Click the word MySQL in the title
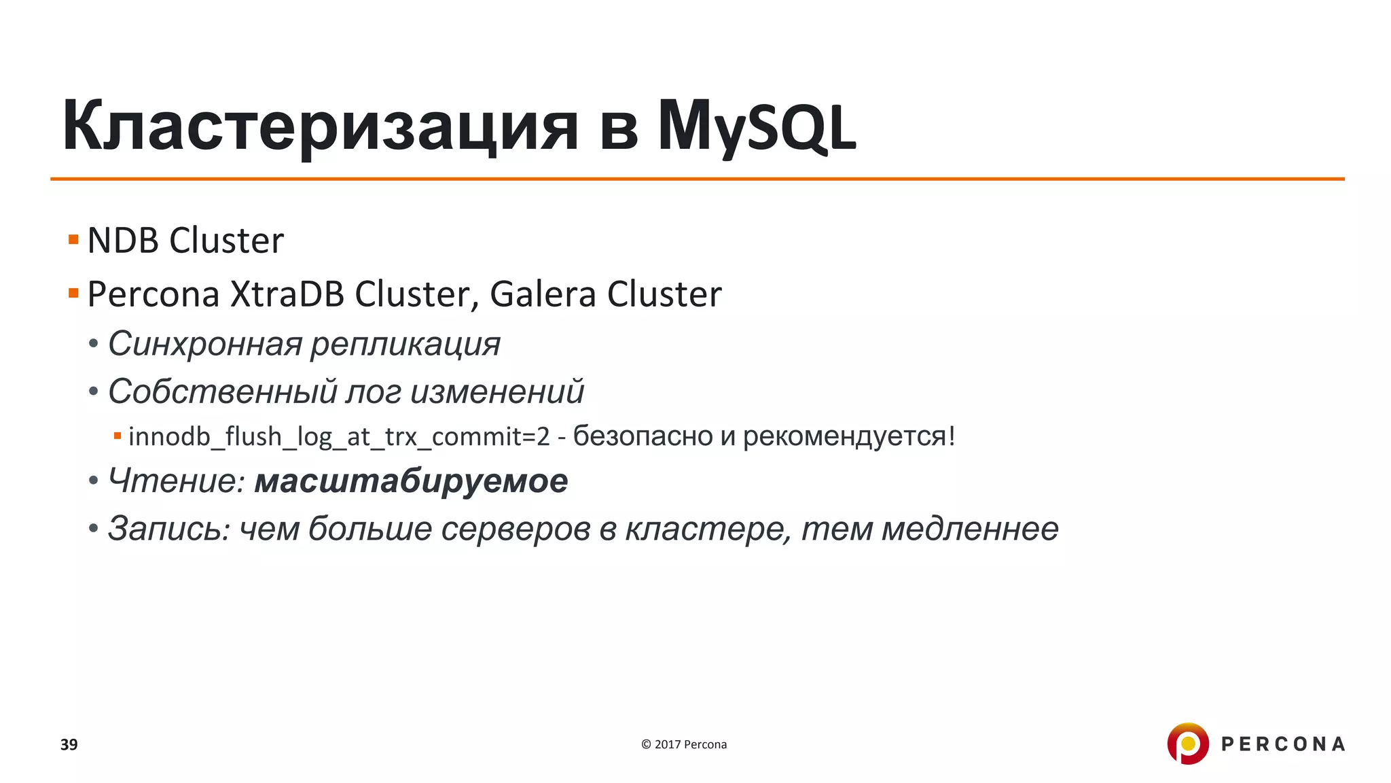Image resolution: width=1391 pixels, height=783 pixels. click(x=756, y=127)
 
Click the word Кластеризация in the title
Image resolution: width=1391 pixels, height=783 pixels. click(x=320, y=127)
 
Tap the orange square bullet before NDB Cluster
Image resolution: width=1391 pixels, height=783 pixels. click(x=73, y=239)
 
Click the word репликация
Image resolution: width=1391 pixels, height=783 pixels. click(x=405, y=344)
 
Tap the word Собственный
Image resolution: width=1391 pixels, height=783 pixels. click(x=222, y=391)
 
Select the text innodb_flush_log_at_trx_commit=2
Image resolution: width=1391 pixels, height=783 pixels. click(x=339, y=436)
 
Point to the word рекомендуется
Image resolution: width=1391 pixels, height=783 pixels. click(x=844, y=436)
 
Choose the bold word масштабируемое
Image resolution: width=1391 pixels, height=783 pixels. click(x=411, y=481)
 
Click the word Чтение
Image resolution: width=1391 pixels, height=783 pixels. click(x=176, y=481)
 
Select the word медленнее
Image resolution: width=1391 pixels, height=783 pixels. click(x=969, y=529)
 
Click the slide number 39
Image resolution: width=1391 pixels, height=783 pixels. click(x=69, y=744)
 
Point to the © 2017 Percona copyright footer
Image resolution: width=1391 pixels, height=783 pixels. click(x=684, y=744)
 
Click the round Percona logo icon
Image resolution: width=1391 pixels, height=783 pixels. click(x=1187, y=744)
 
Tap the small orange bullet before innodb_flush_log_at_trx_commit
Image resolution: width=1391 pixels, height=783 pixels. click(x=118, y=436)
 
